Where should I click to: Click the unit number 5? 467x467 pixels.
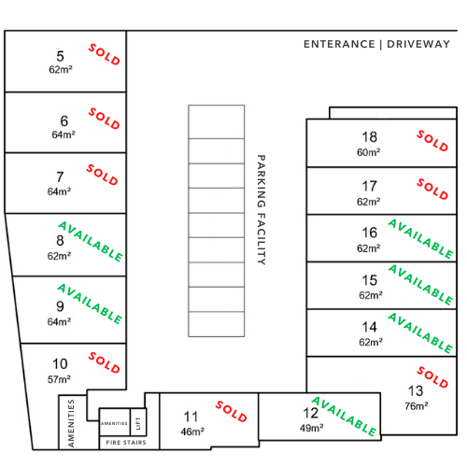coord(60,56)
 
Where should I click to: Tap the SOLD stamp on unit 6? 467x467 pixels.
coord(105,119)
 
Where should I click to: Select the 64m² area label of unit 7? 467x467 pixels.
coord(59,191)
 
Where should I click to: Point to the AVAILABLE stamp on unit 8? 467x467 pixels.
coord(91,242)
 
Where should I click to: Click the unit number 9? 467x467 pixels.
coord(60,306)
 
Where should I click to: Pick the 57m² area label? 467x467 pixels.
coord(59,379)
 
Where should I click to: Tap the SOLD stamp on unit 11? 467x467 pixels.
coord(232,411)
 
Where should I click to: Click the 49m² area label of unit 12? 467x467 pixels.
coord(312,428)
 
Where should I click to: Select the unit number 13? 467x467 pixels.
coord(416,391)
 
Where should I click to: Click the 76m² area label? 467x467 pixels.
coord(417,406)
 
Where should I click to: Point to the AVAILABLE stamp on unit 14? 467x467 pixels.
coord(420,333)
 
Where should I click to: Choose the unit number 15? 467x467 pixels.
coord(370,280)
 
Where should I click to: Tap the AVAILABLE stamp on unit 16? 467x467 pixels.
coord(421,239)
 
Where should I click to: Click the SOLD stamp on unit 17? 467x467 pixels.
coord(432,189)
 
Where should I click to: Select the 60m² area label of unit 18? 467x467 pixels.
coord(369,152)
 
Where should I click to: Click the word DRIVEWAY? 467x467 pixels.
coord(418,44)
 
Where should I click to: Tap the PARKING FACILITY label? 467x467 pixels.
coord(262,210)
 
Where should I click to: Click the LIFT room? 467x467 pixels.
coord(138,422)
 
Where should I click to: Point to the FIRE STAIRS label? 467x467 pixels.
coord(126,443)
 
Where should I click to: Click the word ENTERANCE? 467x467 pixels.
coord(339,44)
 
